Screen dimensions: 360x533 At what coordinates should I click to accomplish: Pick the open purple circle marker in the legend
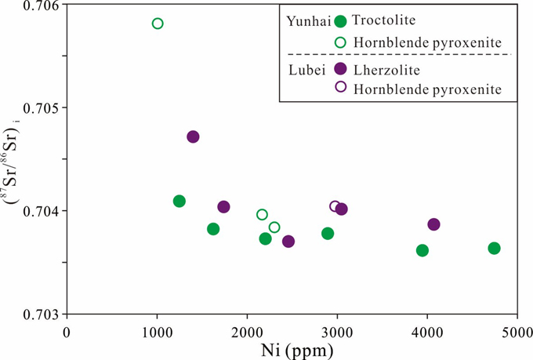[340, 87]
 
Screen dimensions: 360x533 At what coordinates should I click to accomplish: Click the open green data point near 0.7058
[158, 24]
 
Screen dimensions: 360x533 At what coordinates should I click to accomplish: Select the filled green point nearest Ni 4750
[494, 249]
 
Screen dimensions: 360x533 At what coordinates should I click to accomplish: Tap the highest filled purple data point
[193, 136]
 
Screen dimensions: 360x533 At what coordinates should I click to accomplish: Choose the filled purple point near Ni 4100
[433, 224]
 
